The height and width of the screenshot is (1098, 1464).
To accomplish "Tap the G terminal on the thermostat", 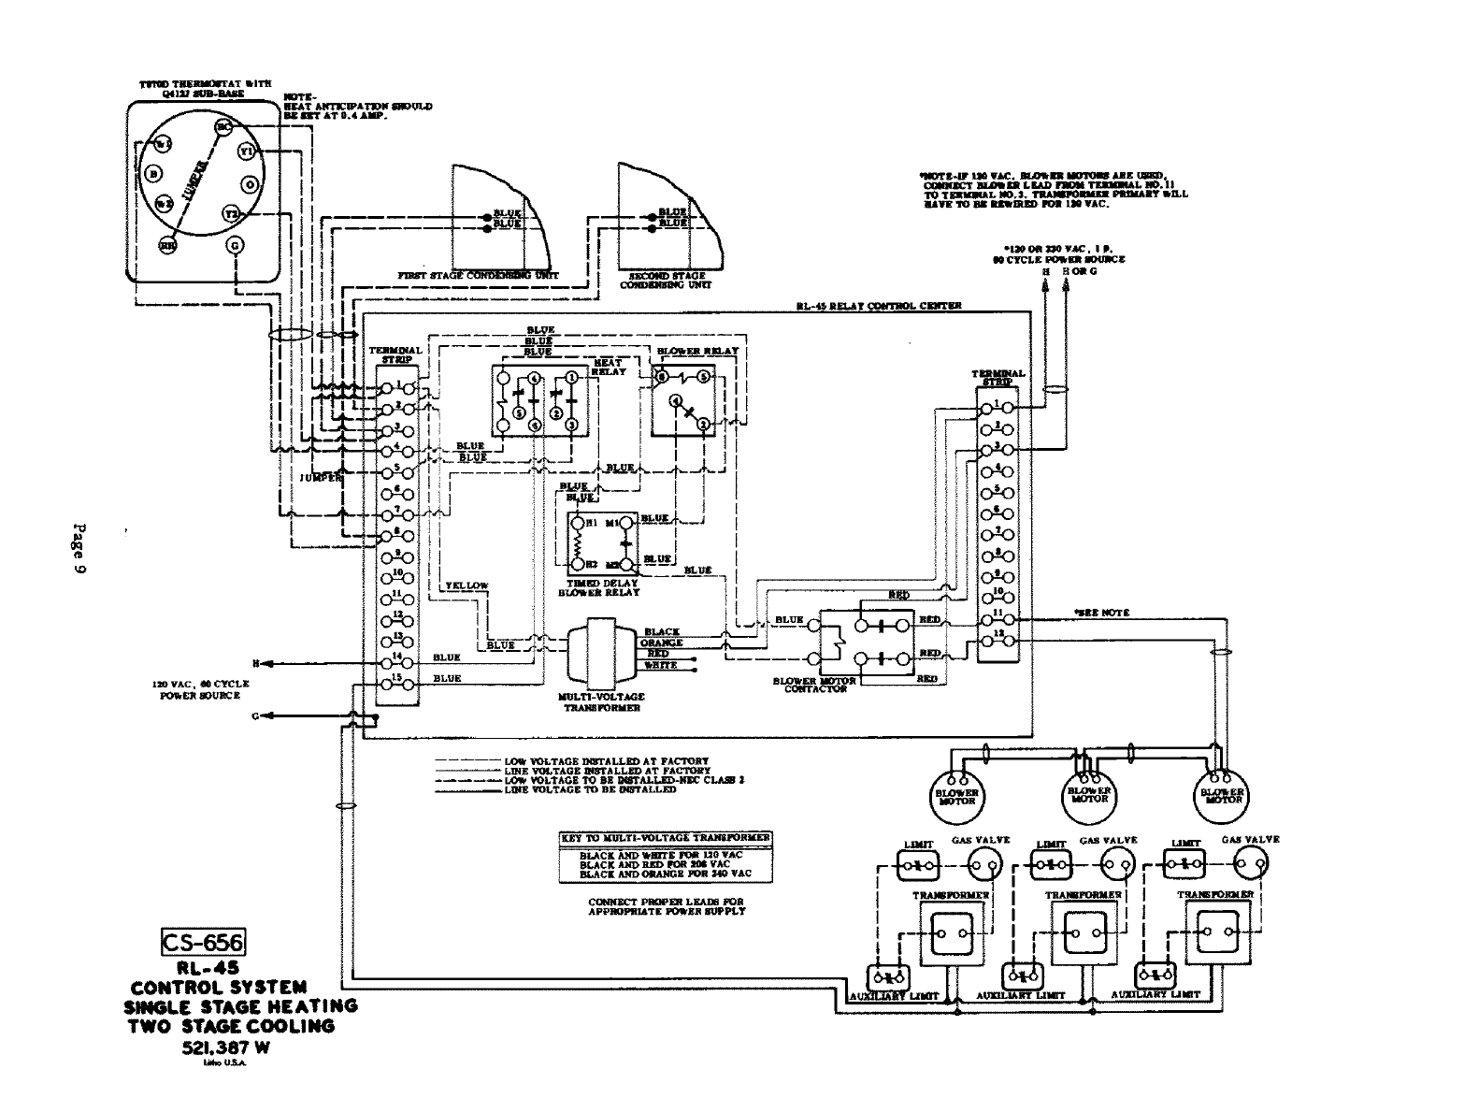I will [x=235, y=245].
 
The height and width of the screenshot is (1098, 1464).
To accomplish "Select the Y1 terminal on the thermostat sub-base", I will [x=247, y=151].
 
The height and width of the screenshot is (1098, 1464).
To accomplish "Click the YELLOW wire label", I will [x=466, y=585].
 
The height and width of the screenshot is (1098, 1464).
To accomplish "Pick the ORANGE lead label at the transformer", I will [x=661, y=643].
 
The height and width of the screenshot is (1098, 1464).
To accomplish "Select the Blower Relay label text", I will [x=696, y=351].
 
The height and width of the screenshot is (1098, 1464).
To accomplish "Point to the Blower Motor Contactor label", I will [x=814, y=685].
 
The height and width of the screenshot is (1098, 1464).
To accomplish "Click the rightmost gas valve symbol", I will [x=1249, y=866].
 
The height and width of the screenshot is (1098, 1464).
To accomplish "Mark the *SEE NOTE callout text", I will [x=1102, y=613].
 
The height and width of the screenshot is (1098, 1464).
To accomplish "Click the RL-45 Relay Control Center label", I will [x=878, y=306].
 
